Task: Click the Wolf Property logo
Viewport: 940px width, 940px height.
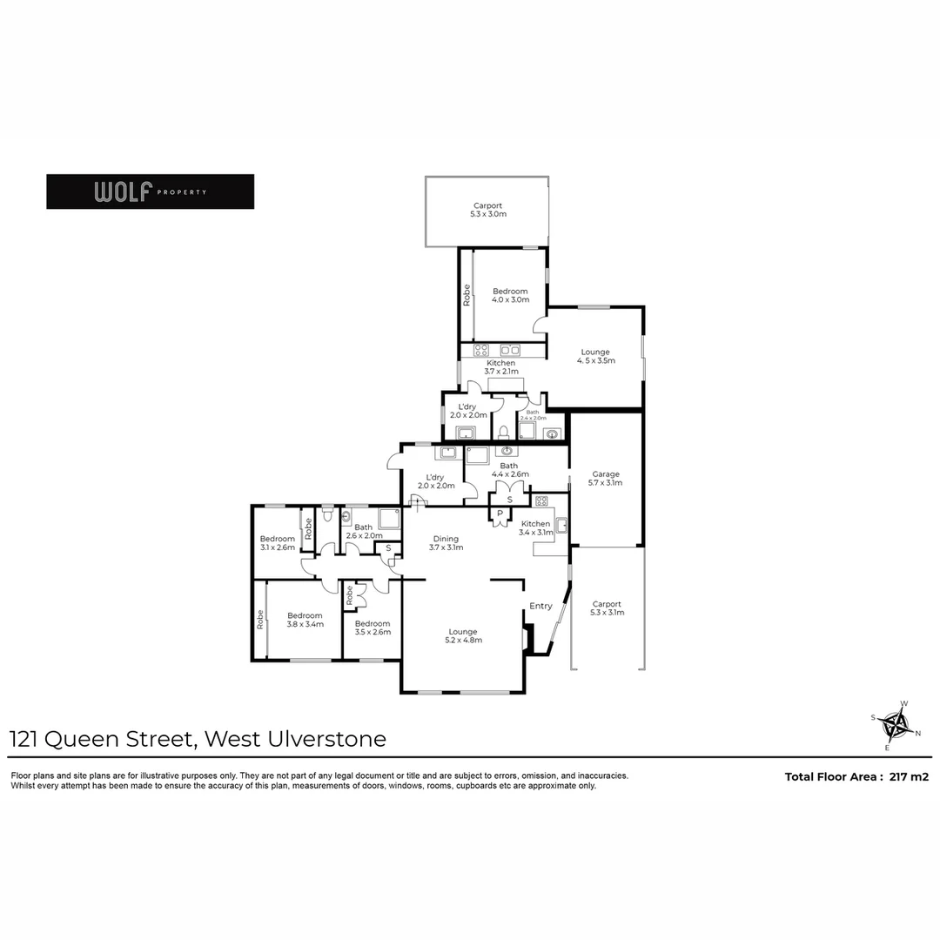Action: tap(150, 191)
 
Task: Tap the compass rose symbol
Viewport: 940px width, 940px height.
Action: tap(895, 724)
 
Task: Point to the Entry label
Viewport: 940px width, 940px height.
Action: tap(540, 606)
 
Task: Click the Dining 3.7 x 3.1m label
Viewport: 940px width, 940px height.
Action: tap(446, 543)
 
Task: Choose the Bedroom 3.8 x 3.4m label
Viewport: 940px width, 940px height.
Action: tap(305, 620)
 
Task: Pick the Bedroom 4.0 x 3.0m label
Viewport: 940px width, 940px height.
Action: tap(510, 295)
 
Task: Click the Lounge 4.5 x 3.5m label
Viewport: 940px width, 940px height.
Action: tap(595, 356)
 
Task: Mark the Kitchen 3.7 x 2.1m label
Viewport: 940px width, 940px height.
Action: tap(500, 367)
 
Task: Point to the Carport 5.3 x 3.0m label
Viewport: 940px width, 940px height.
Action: tap(487, 210)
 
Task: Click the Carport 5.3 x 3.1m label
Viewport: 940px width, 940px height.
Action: tap(607, 608)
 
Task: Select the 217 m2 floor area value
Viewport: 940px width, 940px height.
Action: tap(910, 776)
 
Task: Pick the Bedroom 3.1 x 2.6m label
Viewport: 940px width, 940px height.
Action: tap(278, 543)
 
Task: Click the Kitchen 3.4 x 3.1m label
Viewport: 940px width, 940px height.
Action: tap(536, 527)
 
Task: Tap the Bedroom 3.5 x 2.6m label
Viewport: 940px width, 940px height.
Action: tap(372, 628)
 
